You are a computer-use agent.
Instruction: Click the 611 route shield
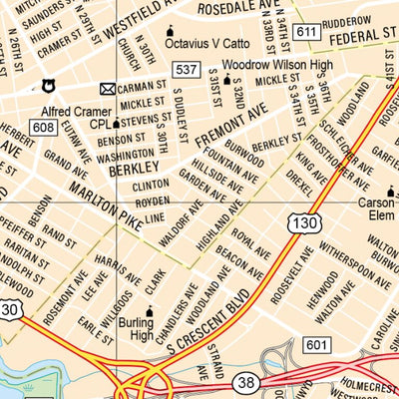pos(307,34)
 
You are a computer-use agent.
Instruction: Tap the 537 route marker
pos(187,69)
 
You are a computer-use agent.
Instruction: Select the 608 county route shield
pos(43,127)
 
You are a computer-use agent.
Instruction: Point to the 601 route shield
pos(316,345)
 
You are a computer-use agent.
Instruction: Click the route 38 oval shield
pos(245,382)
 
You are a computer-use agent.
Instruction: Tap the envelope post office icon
pos(108,89)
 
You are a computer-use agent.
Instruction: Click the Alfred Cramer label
pos(76,112)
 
